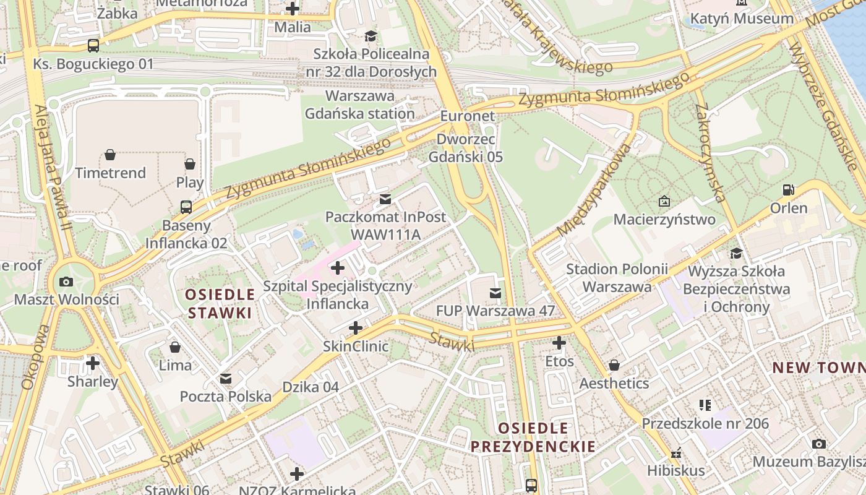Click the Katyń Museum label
(742, 19)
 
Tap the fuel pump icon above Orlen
(789, 190)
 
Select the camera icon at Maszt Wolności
(66, 282)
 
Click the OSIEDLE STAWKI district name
(220, 303)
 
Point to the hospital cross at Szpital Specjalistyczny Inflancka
(338, 269)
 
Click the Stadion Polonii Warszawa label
(617, 278)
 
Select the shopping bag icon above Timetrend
(110, 155)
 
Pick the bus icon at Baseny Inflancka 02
(186, 207)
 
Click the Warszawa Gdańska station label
(360, 105)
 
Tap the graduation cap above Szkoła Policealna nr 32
(371, 37)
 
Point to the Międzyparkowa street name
(596, 191)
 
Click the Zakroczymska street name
(710, 153)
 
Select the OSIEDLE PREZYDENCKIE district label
(533, 437)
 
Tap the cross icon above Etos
(559, 343)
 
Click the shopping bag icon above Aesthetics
(614, 365)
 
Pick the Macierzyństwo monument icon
(664, 201)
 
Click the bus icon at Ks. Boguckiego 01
(93, 45)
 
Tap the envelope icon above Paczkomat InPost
(385, 199)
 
